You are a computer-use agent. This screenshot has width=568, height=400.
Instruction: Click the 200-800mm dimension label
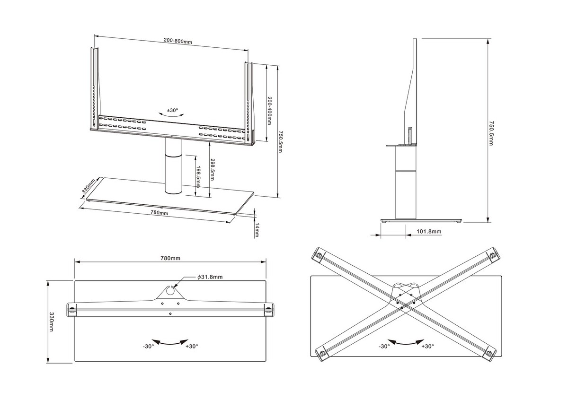pos(178,42)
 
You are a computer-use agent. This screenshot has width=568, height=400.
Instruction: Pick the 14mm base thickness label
pos(257,232)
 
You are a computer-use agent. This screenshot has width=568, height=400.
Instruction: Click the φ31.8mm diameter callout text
pos(210,278)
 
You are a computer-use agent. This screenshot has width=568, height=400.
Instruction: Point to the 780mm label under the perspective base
pos(159,213)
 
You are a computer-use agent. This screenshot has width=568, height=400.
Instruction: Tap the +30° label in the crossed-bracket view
pos(427,346)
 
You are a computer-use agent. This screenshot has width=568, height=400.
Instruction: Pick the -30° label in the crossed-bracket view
pos(383,346)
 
